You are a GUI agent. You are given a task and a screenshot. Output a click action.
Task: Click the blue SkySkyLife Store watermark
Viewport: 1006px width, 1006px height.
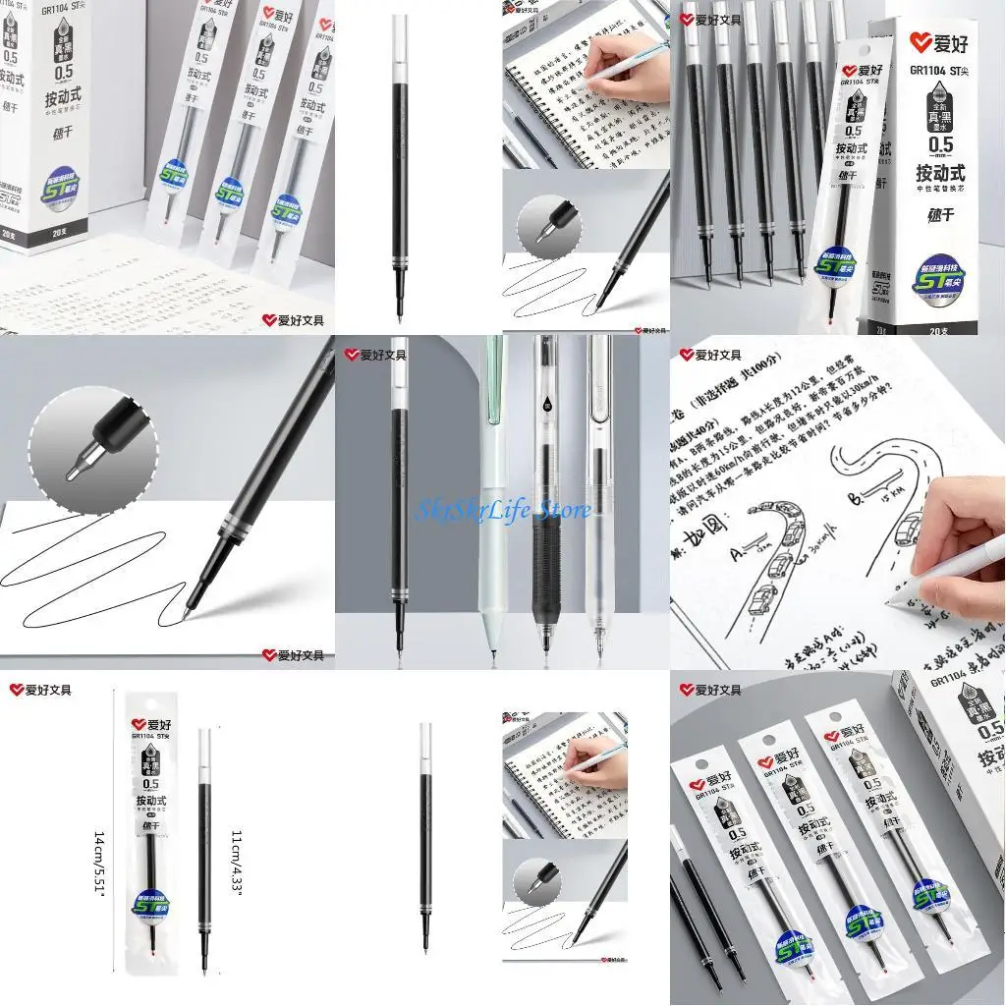[x=505, y=510]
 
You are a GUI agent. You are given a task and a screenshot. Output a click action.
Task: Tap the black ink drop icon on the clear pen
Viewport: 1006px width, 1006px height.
[x=547, y=405]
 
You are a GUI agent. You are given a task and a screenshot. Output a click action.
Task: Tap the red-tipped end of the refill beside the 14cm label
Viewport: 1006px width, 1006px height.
[x=149, y=954]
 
